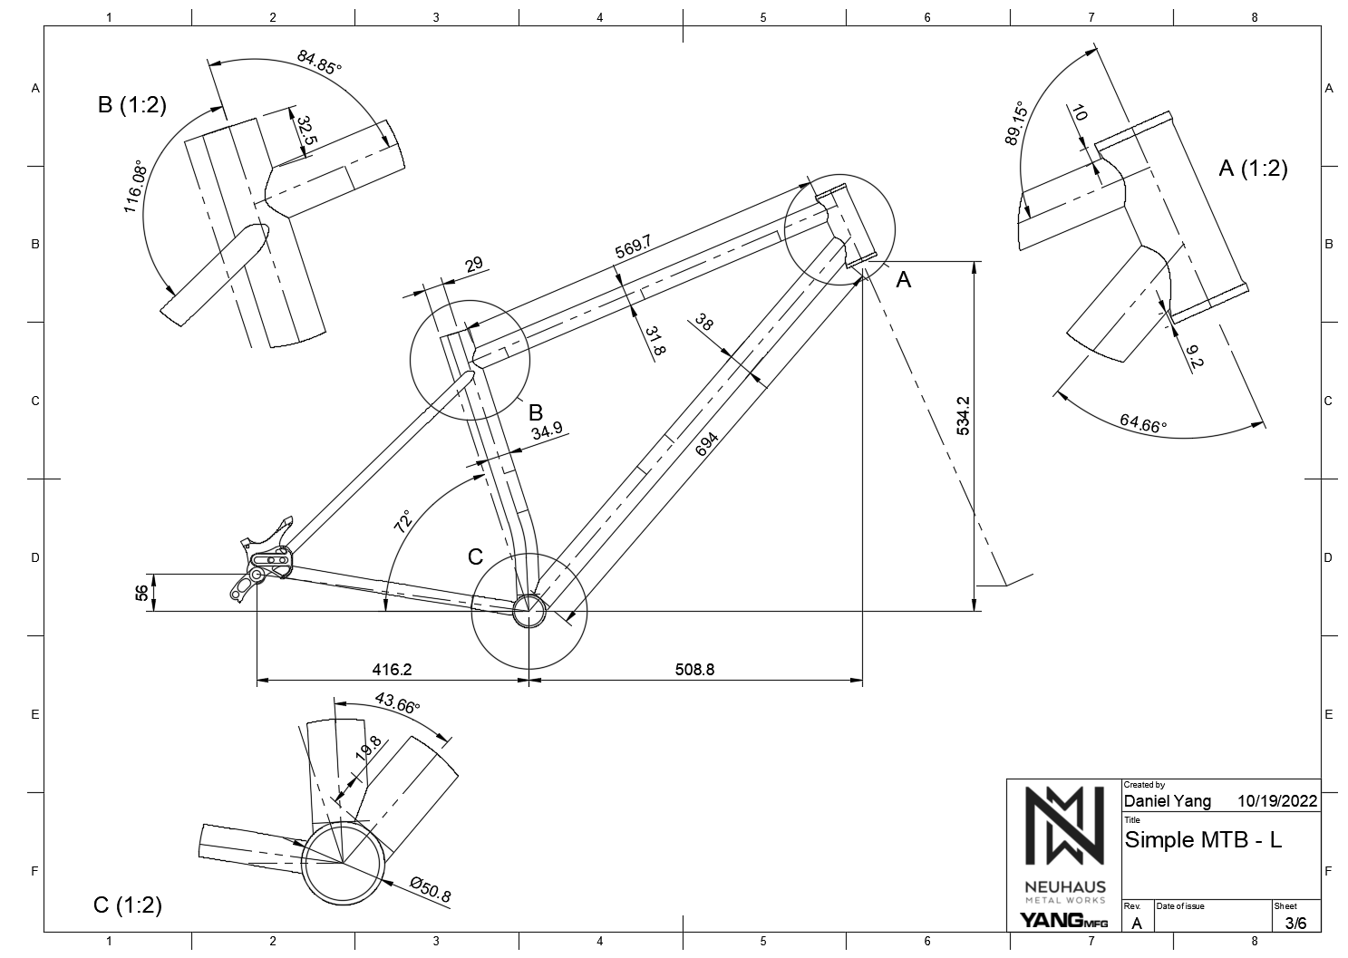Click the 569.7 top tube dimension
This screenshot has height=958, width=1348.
634,246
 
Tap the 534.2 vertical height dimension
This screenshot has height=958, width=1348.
964,414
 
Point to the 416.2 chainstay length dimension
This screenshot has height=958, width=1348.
392,670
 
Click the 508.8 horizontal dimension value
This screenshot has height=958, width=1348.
694,670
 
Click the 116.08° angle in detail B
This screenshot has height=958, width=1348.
135,188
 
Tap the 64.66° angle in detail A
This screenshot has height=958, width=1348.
1143,422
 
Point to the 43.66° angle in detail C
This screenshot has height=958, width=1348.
397,703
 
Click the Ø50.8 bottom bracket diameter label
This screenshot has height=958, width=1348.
430,889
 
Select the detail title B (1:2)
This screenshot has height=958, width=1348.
132,105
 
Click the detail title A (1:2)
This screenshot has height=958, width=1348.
1253,168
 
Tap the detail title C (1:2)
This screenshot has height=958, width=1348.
127,905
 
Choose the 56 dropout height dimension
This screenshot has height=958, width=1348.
141,593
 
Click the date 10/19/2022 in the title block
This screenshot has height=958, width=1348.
1276,801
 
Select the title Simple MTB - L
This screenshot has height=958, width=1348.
1203,839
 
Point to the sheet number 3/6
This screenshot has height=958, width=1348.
1295,923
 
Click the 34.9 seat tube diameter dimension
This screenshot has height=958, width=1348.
547,431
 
